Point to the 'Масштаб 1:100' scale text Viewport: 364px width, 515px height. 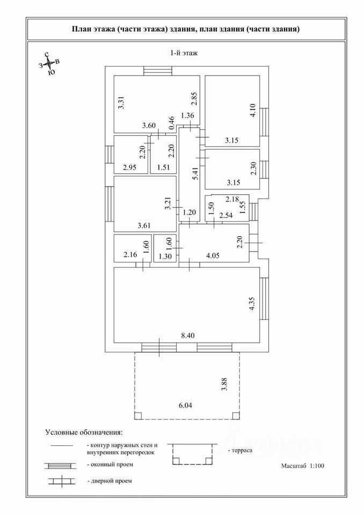point(302,466)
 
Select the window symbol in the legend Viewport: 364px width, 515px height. point(63,464)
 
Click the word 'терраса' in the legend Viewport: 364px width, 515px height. point(242,451)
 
